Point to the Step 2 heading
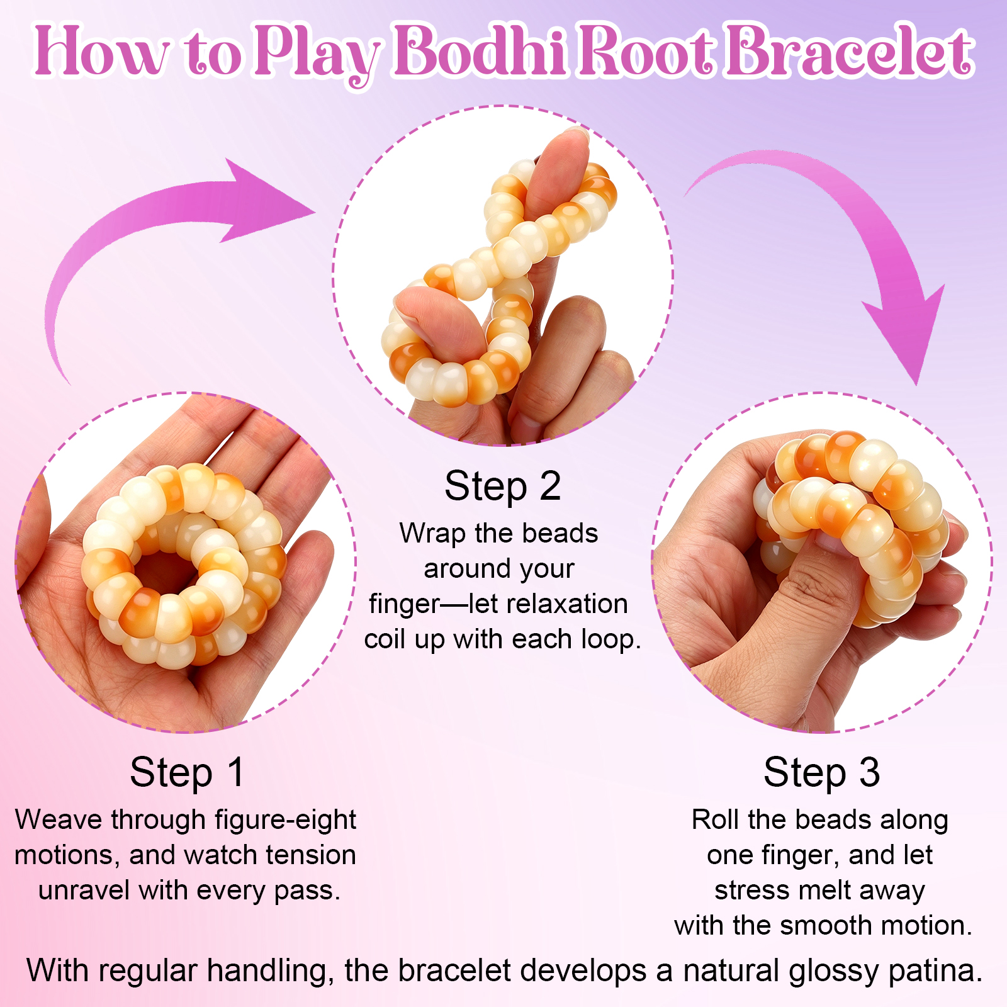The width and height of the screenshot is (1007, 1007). pyautogui.click(x=502, y=486)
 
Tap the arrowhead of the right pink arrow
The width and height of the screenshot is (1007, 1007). pyautogui.click(x=906, y=334)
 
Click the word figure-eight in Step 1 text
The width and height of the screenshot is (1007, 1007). pyautogui.click(x=285, y=821)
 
